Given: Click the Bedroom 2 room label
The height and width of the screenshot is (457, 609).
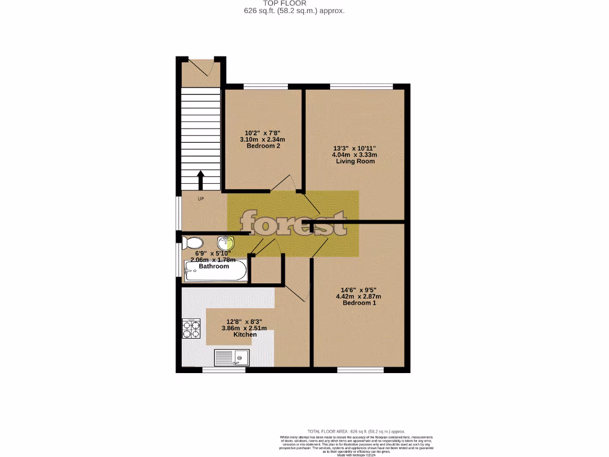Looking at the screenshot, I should coord(263,146).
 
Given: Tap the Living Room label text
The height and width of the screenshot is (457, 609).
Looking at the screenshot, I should coord(355,161).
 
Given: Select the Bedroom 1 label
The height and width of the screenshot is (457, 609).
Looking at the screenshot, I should coord(359,303).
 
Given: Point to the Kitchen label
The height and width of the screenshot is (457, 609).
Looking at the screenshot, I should coord(245,334).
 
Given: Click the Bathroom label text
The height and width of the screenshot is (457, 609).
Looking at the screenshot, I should coord(214,266).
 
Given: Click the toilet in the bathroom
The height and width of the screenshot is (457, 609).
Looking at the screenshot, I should coord(192,243).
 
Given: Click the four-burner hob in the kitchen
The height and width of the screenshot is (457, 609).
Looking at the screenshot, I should coord(191,329).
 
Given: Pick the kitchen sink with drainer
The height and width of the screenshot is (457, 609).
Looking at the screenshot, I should coord(232,357).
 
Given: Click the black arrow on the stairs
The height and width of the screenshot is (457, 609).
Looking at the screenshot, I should coord(200,179).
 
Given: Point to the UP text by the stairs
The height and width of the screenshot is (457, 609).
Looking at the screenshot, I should coord(200,199).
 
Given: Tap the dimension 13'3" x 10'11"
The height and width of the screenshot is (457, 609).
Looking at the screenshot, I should coord(355,148).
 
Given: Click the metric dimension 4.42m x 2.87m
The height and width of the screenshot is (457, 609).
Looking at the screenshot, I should coord(358,296).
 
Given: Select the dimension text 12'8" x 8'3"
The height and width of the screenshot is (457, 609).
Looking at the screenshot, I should coord(245,321).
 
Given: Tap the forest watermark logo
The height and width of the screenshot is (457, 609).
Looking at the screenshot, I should coord(293,224).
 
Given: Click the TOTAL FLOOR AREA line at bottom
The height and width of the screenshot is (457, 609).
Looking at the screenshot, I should coord(356,431).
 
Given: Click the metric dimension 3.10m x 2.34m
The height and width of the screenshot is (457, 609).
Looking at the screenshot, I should coord(263,140).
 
